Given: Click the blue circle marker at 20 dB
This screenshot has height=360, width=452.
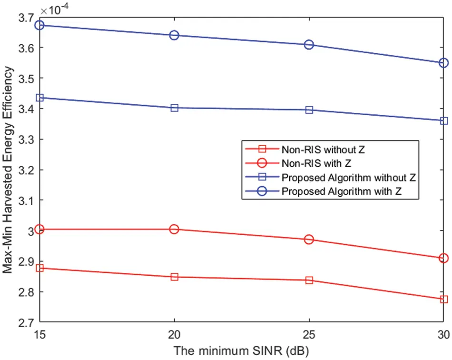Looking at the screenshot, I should pos(174,35).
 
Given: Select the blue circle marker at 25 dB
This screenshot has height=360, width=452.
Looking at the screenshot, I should pos(309,45).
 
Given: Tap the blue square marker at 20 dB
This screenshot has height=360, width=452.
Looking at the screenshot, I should pos(174,108).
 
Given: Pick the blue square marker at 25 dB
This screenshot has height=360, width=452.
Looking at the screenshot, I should pos(309,110).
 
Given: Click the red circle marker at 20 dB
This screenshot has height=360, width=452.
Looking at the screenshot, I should pos(174,229).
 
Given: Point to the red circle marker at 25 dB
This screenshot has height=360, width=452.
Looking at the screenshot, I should pos(309,240).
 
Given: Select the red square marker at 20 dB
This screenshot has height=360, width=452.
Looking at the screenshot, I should pos(174,277).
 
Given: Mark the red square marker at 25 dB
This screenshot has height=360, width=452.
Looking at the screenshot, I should pos(309,280).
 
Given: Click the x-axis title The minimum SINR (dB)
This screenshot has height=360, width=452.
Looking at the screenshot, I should pos(241,351).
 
